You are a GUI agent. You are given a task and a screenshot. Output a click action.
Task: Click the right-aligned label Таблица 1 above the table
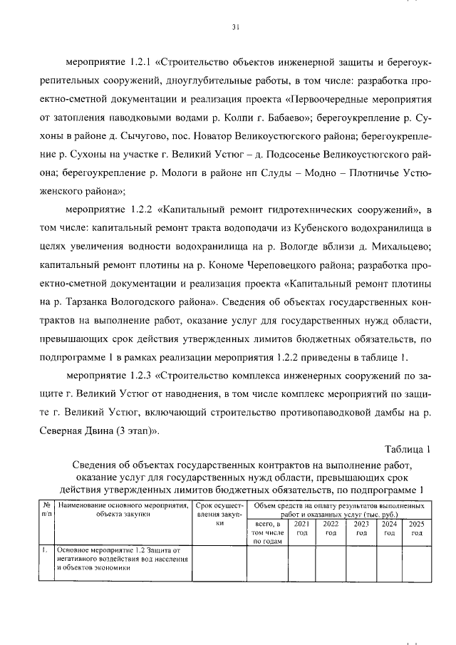(408, 449)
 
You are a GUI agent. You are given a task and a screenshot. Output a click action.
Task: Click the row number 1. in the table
(44, 549)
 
